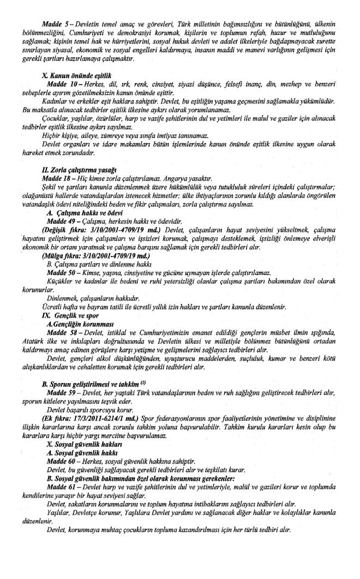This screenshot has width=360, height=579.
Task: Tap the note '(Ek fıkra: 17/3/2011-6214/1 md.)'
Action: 90,420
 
